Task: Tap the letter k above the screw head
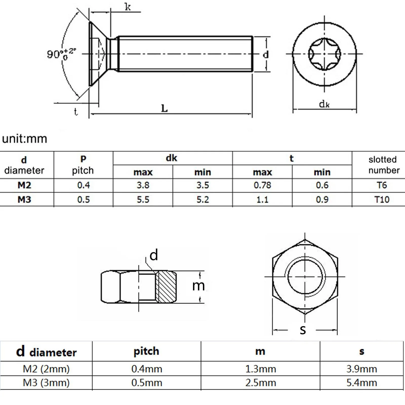point(128,7)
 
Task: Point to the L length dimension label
point(164,109)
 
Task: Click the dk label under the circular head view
point(324,104)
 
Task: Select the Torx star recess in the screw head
point(324,54)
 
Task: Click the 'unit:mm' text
point(25,139)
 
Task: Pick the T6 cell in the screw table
point(382,185)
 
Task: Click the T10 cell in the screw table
point(382,199)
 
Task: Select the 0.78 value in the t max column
point(262,185)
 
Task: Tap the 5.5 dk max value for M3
point(143,199)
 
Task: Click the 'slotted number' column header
point(383,165)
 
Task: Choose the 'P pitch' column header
point(83,165)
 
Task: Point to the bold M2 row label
point(24,185)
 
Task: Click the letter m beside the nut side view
point(198,286)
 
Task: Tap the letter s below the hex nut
point(303,330)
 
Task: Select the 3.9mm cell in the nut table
point(361,369)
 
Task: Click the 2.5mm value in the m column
point(260,383)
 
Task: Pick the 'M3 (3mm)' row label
point(46,383)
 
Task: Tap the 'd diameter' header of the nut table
point(46,352)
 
